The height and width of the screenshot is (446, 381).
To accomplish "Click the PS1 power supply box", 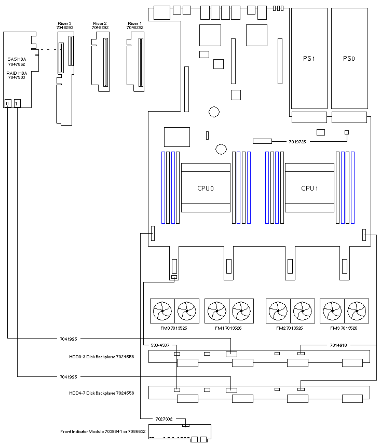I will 309,58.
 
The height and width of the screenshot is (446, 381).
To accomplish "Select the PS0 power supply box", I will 349,58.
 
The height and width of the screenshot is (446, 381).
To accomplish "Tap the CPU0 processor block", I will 206,187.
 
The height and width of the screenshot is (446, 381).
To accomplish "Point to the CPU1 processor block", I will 309,187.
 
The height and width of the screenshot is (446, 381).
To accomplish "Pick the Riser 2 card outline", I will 101,62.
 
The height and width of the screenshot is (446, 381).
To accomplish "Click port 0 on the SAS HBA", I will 8,103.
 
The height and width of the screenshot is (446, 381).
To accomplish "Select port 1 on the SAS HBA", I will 17,103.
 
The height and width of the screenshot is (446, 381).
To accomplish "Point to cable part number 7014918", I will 338,345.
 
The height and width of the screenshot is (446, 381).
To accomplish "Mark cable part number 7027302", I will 165,418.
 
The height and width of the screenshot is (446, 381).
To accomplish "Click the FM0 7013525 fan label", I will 174,328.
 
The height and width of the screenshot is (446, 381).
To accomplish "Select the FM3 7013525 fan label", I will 344,328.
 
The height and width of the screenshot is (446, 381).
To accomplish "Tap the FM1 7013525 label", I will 228,328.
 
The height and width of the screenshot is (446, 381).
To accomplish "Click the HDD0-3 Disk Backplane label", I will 102,356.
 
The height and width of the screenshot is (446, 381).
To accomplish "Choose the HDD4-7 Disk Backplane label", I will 102,393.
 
